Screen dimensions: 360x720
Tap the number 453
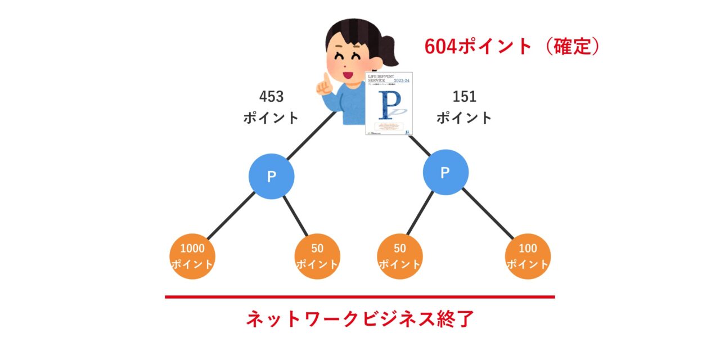271,97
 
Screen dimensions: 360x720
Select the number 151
464,97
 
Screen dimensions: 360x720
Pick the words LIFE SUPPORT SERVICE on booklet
378,78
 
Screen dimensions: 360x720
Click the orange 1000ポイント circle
193,256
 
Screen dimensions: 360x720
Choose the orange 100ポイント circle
528,256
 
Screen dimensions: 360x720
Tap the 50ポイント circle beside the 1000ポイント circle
317,256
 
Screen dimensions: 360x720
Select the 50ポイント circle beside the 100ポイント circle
400,256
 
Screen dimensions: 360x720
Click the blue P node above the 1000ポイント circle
272,177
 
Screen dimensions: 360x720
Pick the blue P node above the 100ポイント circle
445,173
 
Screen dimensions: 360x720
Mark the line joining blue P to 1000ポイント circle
231,216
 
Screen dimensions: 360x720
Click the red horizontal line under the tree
360,296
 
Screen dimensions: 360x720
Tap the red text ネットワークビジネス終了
360,319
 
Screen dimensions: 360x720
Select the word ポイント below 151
464,118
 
